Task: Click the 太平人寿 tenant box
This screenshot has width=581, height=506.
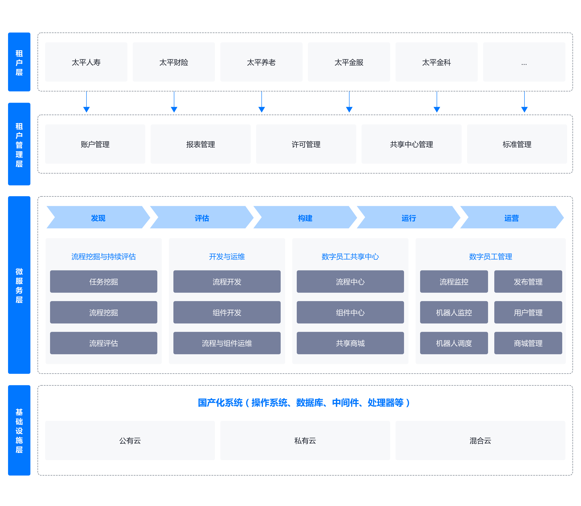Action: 86,62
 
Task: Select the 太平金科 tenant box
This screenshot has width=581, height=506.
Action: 436,62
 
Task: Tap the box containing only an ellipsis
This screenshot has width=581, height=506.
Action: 524,62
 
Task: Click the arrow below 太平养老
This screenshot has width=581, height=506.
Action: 262,102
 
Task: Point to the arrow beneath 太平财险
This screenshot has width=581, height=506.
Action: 174,102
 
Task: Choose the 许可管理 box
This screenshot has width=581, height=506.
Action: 306,144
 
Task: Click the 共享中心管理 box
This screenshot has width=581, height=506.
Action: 412,144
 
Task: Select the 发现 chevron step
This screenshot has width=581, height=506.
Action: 98,217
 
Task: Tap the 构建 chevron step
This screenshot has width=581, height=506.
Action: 305,217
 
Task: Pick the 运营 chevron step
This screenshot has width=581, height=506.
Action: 512,217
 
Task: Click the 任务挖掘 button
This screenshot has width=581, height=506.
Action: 104,282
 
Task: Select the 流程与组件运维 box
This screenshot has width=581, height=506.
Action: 227,343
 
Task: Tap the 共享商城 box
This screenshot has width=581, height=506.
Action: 350,343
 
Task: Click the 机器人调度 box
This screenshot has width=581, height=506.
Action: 454,343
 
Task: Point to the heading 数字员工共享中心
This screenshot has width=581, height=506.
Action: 350,256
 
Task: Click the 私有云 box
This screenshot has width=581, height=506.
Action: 305,441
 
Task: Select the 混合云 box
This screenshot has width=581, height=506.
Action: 480,441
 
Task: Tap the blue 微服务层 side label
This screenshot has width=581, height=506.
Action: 19,285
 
